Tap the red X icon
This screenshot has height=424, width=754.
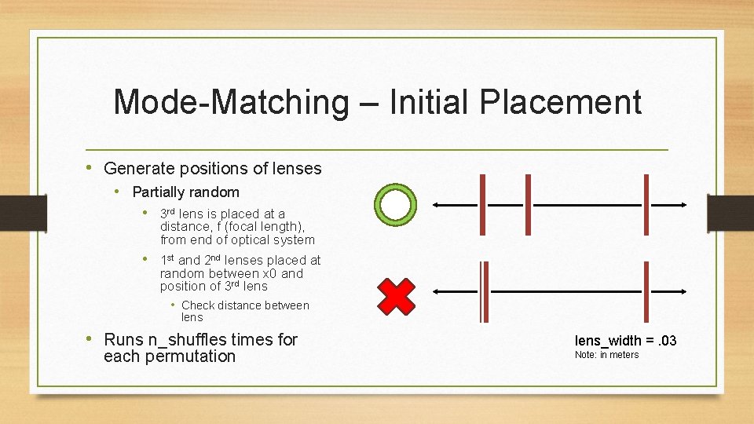click(x=397, y=295)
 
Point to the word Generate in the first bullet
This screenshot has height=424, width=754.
click(x=137, y=168)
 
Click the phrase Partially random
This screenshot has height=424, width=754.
click(x=186, y=192)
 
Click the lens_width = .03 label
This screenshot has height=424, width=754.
click(x=625, y=340)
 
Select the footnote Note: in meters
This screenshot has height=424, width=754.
click(x=606, y=355)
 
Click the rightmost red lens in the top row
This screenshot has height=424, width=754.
click(x=646, y=204)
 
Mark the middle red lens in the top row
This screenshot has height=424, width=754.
click(x=528, y=204)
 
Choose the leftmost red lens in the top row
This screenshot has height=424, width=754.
click(x=481, y=204)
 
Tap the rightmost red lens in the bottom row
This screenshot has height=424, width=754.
click(x=646, y=291)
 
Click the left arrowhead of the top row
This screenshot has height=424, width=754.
click(x=436, y=204)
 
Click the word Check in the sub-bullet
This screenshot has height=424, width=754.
click(x=199, y=305)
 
